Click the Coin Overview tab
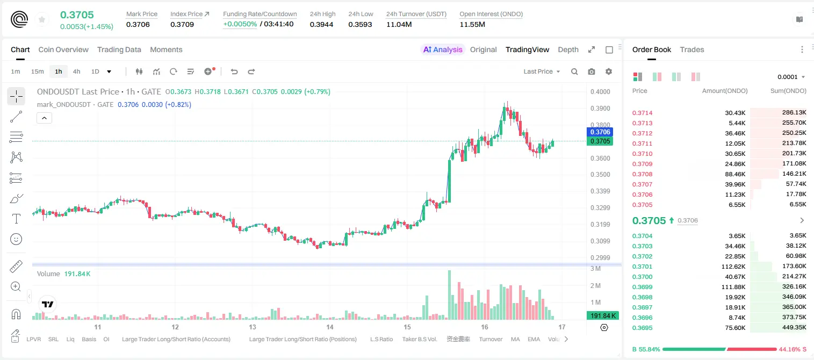tap(63, 49)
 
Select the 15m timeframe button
tap(38, 71)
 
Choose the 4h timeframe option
tap(76, 71)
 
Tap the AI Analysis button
tap(443, 49)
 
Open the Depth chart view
tap(568, 49)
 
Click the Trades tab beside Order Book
tap(692, 49)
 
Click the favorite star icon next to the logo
tap(42, 19)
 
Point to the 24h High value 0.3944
tap(322, 24)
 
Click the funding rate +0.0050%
tap(240, 24)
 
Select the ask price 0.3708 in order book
tap(642, 174)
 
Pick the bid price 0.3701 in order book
tap(642, 267)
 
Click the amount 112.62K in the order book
tap(733, 267)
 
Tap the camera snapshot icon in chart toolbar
tap(592, 71)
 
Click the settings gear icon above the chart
tap(609, 71)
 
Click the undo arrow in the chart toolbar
tap(234, 71)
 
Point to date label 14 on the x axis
tap(329, 327)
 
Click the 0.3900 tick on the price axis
tap(600, 108)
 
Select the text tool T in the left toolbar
tap(16, 219)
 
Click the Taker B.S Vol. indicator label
tap(419, 339)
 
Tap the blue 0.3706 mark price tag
tap(600, 132)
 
